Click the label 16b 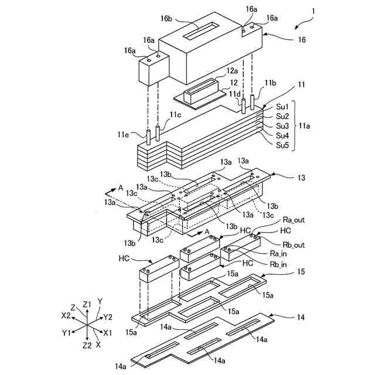click(166, 18)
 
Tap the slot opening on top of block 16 click(201, 30)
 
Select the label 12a click(232, 71)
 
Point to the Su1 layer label click(282, 107)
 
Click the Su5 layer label click(282, 145)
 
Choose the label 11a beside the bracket click(304, 126)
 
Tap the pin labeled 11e click(148, 138)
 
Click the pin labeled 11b click(252, 103)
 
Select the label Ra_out click(294, 220)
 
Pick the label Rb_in click(278, 264)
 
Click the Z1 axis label click(87, 305)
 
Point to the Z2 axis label click(87, 345)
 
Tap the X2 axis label click(66, 316)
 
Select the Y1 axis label click(66, 333)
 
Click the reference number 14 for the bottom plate click(301, 317)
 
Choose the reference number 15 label click(301, 271)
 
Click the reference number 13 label click(301, 178)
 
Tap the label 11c click(176, 115)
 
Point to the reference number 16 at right click(302, 39)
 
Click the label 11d click(234, 94)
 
